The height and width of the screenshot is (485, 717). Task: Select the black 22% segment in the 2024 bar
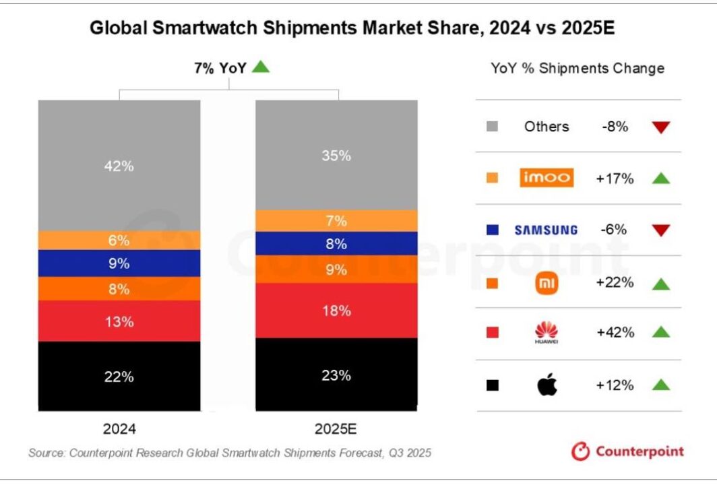(x=119, y=376)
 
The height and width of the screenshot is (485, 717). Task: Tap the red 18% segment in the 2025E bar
(x=336, y=311)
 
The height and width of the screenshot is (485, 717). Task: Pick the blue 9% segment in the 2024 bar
(x=119, y=263)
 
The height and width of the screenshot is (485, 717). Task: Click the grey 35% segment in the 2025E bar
(x=336, y=155)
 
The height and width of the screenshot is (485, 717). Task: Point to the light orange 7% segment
(x=336, y=221)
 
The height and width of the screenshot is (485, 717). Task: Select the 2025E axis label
(x=336, y=428)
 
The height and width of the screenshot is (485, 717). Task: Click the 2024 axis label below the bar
(x=119, y=428)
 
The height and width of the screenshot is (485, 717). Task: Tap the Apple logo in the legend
(x=547, y=385)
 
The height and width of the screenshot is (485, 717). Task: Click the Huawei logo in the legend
(x=547, y=333)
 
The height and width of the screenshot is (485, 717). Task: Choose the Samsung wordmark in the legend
(x=546, y=230)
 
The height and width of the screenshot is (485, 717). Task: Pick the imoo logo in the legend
(x=547, y=178)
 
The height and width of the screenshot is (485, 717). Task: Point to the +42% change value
(x=615, y=332)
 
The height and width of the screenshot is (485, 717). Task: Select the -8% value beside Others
(x=615, y=126)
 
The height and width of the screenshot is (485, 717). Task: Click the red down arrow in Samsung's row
(x=661, y=230)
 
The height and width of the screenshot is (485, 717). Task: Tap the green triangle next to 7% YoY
(x=261, y=67)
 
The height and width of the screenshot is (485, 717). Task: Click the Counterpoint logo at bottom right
(x=627, y=451)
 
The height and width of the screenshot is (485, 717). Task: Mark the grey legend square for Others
(x=492, y=126)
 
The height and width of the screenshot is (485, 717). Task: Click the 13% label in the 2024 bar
(x=119, y=321)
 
